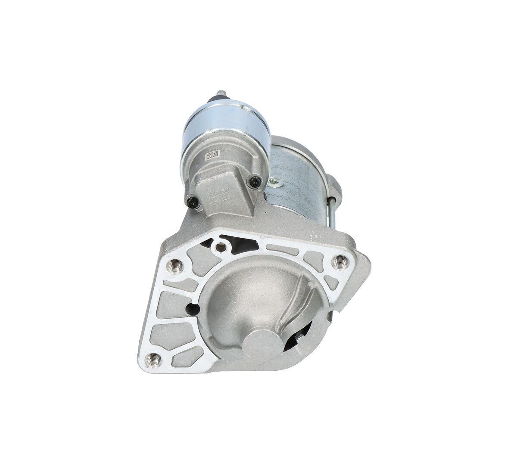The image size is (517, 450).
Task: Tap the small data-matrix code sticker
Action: pos(210,156)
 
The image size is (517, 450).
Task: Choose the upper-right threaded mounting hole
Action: pos(342,260)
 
